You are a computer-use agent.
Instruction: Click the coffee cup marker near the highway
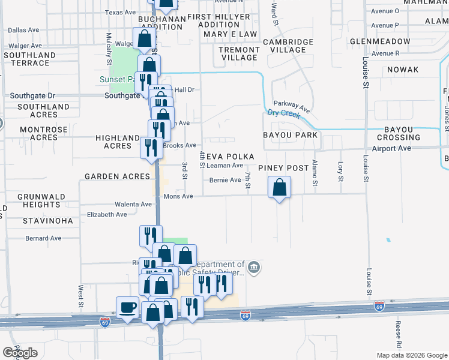127,308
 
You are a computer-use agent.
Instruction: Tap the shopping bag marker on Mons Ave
279,188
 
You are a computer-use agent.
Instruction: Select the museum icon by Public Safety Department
254,266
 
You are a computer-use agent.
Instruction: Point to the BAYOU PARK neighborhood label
290,135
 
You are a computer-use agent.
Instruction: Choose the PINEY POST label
284,168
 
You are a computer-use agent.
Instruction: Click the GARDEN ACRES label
117,176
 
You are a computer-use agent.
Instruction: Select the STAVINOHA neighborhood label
47,221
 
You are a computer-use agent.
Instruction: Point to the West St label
80,293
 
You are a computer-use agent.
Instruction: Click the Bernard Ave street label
43,238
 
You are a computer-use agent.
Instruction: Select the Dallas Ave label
23,29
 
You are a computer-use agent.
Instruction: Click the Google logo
20,353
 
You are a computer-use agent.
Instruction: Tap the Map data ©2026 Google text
412,355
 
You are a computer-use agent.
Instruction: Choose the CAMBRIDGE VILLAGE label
288,46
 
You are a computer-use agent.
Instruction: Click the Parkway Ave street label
292,106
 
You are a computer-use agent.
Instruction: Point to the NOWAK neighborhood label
402,70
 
